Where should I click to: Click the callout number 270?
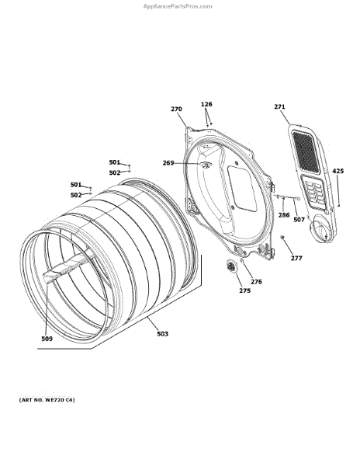click(x=176, y=109)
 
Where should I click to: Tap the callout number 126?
click(x=206, y=104)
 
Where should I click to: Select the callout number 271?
click(x=279, y=106)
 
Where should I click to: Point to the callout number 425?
click(x=338, y=171)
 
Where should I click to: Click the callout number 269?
click(x=168, y=163)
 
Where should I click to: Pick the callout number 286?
click(x=284, y=215)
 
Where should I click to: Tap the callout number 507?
click(x=299, y=220)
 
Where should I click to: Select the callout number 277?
click(x=296, y=259)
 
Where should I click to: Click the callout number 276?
click(x=256, y=282)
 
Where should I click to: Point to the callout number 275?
click(x=245, y=290)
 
